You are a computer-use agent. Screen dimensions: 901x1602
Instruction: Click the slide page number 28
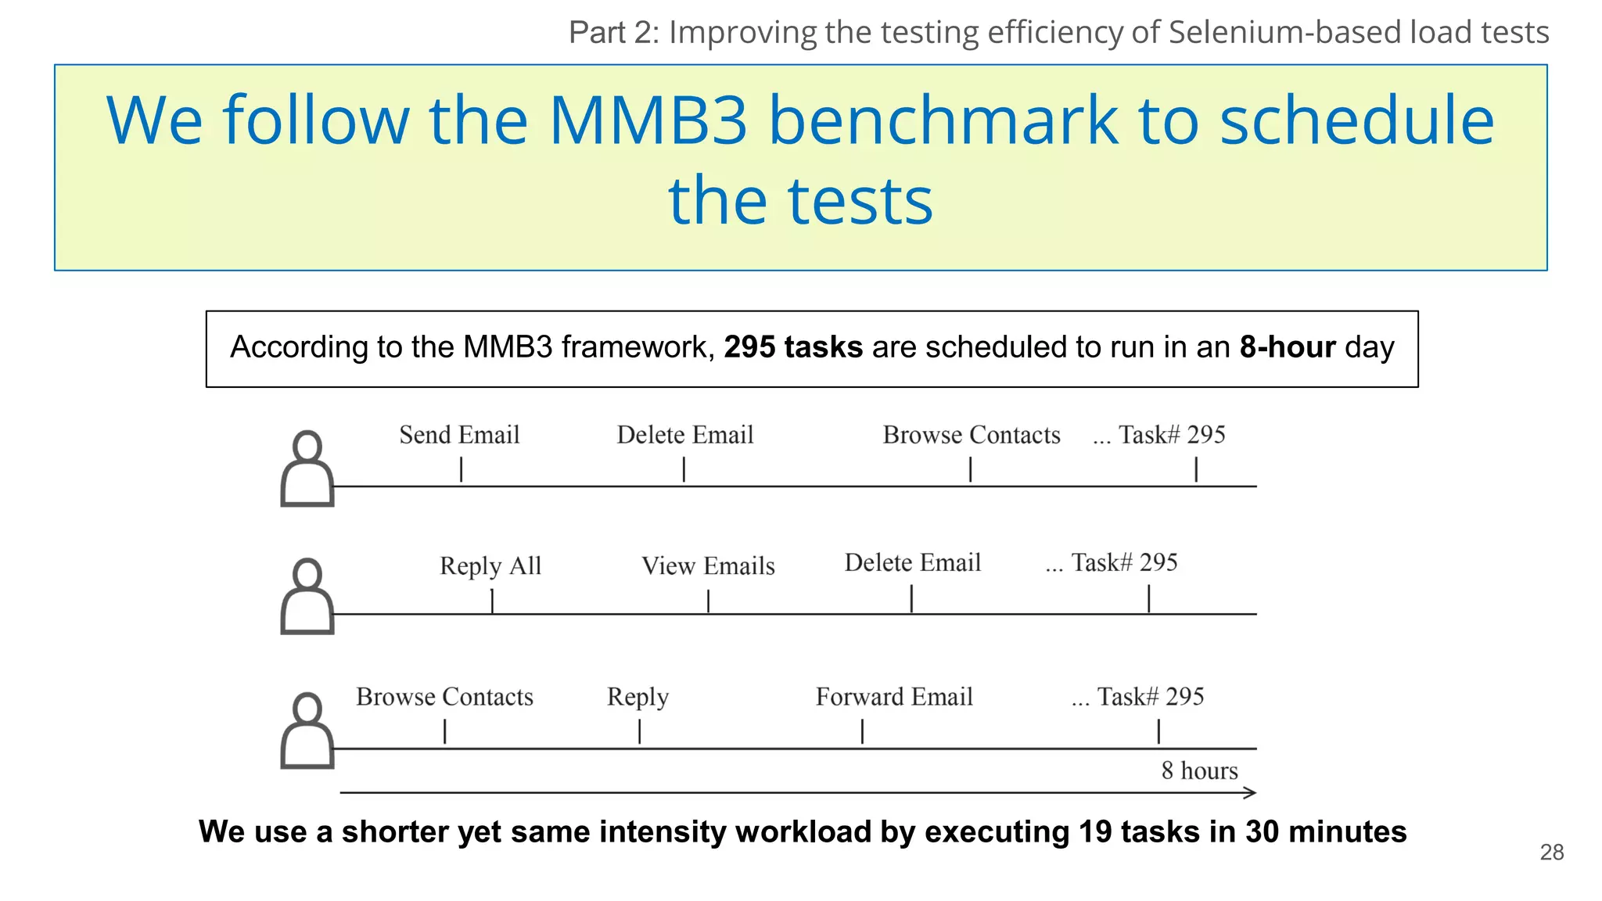tap(1551, 853)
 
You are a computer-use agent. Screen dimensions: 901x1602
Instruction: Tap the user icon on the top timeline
tap(307, 468)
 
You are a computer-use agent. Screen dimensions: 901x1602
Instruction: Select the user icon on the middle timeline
tap(307, 596)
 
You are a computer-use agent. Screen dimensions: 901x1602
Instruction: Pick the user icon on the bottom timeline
tap(307, 730)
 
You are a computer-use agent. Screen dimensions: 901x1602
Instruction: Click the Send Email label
tap(459, 435)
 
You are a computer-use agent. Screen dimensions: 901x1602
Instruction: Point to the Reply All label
tap(490, 565)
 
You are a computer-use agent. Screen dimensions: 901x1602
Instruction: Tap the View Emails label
tap(708, 565)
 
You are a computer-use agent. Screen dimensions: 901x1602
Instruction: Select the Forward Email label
tap(894, 697)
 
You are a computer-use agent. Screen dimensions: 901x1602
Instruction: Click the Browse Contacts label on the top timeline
tap(972, 435)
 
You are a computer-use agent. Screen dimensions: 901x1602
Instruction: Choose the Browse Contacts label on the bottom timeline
tap(444, 697)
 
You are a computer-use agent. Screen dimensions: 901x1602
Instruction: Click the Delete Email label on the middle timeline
tap(912, 562)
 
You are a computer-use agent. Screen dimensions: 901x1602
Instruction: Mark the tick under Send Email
tap(462, 469)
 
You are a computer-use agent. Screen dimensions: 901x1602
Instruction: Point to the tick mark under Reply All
tap(492, 601)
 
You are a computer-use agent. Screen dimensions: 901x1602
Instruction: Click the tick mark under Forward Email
tap(862, 731)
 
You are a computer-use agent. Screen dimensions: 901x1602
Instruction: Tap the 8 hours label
tap(1199, 771)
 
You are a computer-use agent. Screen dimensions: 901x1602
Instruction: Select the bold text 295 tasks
tap(793, 347)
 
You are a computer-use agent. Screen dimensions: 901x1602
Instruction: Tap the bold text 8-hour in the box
tap(1288, 347)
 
